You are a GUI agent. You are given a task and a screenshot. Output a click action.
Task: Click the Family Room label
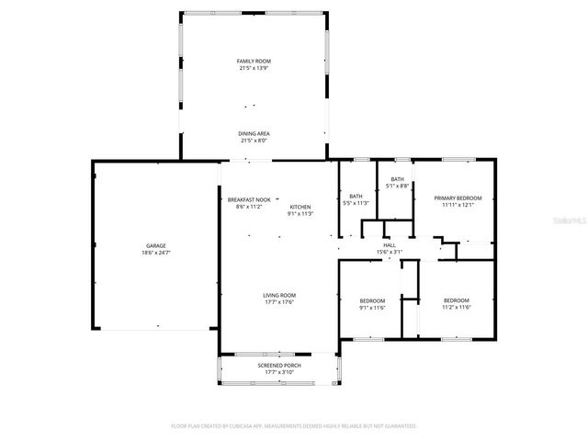254,62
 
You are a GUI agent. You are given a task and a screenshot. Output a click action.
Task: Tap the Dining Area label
254,134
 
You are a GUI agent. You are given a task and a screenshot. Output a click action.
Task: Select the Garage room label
156,245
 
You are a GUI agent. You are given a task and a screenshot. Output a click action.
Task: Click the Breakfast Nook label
249,199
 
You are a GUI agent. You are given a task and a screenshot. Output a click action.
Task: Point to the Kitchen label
300,207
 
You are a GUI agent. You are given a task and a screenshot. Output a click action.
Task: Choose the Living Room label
279,295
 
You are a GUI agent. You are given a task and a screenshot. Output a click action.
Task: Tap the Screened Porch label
279,366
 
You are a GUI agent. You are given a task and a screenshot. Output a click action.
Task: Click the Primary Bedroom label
458,198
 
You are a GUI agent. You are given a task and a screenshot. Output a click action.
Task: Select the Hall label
390,245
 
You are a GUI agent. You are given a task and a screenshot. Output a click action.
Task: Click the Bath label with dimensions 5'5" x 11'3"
356,196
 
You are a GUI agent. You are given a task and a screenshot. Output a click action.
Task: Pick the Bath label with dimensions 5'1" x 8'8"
397,179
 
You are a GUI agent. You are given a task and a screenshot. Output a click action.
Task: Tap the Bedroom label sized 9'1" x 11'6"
372,300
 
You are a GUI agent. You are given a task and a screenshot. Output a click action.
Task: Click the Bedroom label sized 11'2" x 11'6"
457,300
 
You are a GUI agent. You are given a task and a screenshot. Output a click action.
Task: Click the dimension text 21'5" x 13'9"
254,68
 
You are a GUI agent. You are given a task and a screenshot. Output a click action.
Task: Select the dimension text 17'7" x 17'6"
279,301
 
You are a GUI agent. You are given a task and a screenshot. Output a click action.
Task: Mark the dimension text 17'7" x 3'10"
279,372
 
